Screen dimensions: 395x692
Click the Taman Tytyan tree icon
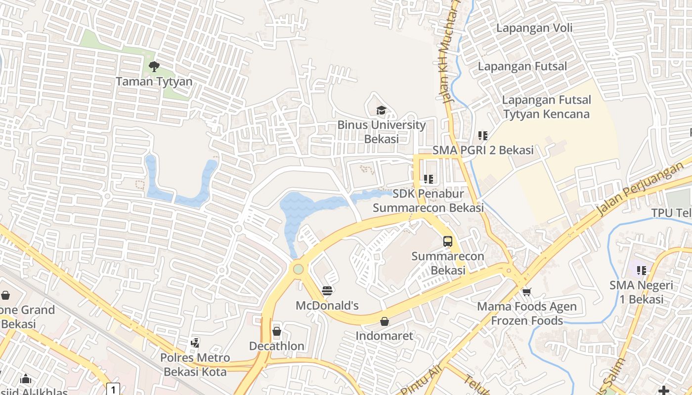coord(154,66)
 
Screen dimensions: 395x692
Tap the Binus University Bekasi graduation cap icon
coord(381,110)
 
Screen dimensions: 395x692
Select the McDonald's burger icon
coord(327,290)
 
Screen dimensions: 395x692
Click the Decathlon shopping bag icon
coord(277,331)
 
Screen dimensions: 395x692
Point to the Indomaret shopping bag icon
coord(385,321)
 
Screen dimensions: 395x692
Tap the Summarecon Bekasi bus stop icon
coord(447,241)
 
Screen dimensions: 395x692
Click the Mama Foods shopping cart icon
coord(526,292)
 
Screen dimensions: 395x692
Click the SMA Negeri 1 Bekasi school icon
coord(642,270)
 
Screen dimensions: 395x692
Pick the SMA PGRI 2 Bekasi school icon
coord(483,135)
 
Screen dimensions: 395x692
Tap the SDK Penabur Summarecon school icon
coord(428,179)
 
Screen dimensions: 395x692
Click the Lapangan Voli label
coord(534,28)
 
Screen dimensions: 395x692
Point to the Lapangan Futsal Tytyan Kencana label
coord(546,107)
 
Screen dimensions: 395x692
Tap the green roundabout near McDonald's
coord(298,269)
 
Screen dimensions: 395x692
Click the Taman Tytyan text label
coord(154,81)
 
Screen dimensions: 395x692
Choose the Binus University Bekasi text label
coord(381,132)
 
